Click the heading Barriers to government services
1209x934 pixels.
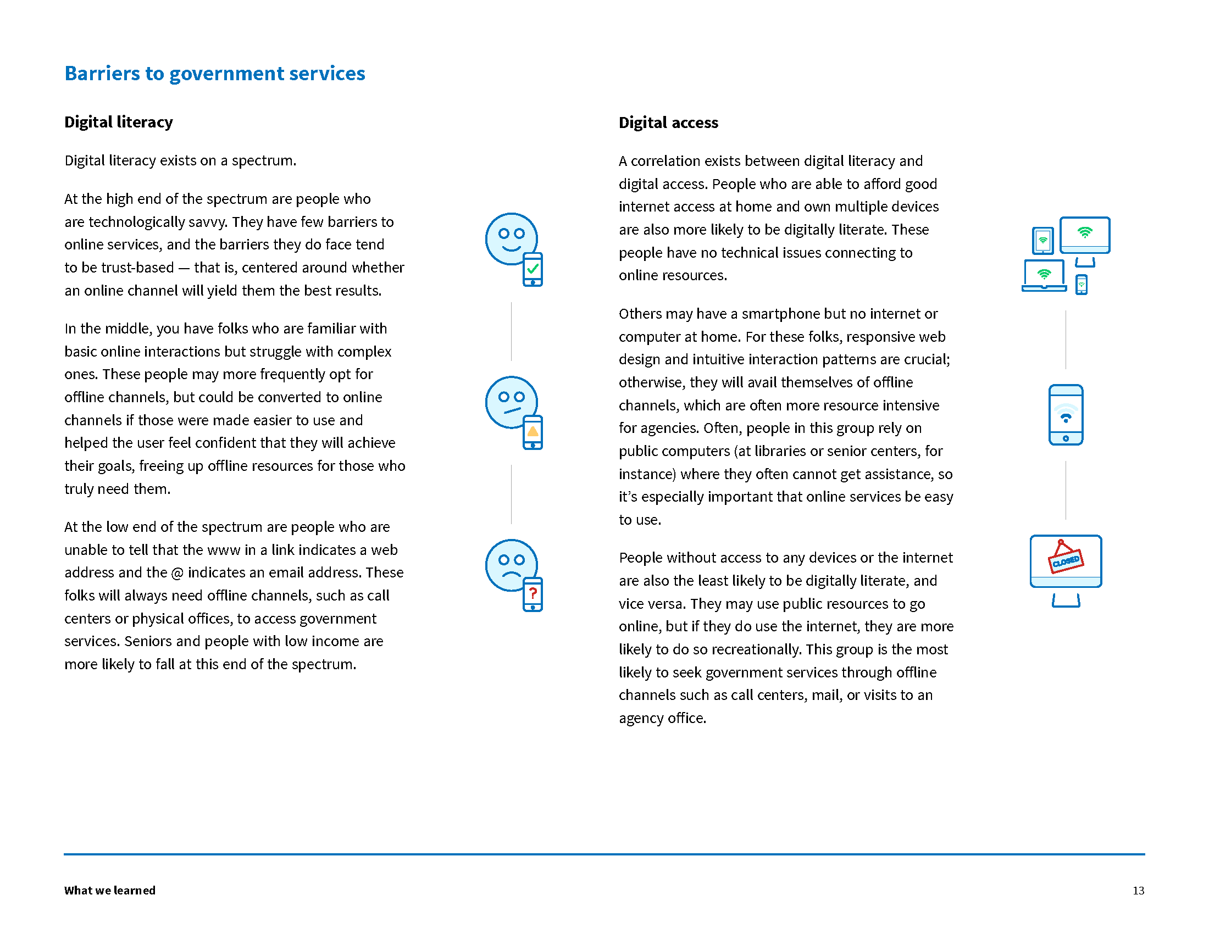point(215,74)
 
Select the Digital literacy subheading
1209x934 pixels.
point(119,123)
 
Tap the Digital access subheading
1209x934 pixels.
point(668,123)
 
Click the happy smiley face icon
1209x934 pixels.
point(511,238)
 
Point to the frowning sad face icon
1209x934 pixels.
point(511,565)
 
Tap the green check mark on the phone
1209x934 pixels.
point(533,269)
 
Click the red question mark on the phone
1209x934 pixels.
point(533,594)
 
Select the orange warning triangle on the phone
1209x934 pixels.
point(533,432)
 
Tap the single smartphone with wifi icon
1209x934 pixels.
point(1066,415)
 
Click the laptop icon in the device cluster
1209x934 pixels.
point(1044,275)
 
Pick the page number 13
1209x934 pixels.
point(1138,890)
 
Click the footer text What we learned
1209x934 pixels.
point(109,890)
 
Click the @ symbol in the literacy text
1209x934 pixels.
point(177,573)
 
